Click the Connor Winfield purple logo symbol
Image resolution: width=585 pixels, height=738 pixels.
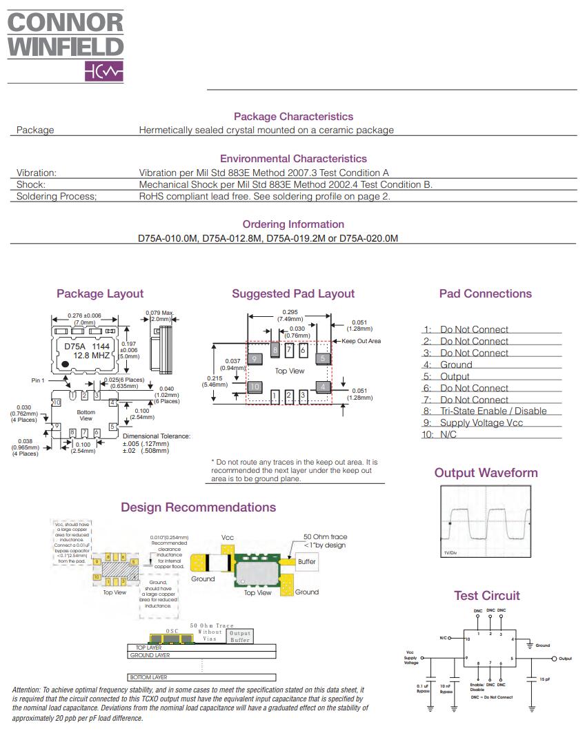point(104,72)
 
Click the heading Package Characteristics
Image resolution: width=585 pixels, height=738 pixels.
point(293,117)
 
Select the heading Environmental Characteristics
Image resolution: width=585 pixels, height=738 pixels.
point(293,159)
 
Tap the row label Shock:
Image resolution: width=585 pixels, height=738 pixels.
point(30,184)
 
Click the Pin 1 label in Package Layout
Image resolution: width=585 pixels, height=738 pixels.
point(37,380)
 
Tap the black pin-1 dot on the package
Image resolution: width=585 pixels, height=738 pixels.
point(64,364)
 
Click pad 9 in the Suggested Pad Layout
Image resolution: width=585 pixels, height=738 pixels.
point(255,359)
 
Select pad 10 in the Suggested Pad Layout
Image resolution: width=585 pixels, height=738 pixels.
point(255,387)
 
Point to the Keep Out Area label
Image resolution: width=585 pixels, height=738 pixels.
point(361,341)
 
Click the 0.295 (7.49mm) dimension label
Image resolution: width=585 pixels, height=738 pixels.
point(290,315)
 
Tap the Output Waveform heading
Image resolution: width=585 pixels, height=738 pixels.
point(486,473)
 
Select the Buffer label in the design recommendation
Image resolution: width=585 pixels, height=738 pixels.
point(307,561)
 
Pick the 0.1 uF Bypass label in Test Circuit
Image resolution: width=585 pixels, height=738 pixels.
point(423,688)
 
